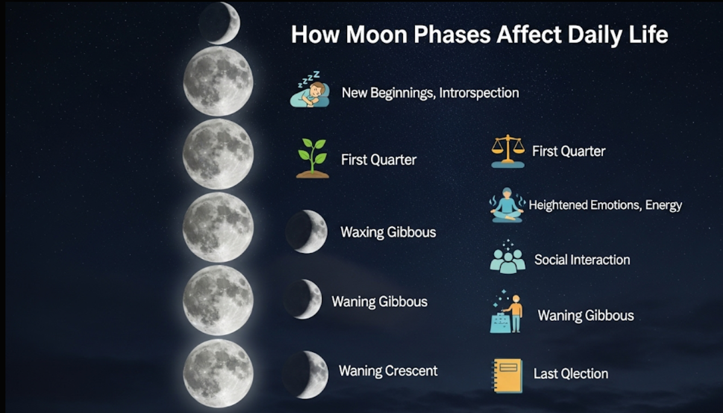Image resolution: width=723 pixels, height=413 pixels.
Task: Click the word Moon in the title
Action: coord(377,34)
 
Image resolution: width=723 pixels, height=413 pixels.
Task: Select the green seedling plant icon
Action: coord(313,158)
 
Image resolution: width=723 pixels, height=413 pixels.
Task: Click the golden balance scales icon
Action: coord(508,151)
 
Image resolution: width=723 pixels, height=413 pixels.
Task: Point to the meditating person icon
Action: coord(507,205)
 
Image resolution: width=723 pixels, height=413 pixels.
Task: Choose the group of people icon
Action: coord(507,257)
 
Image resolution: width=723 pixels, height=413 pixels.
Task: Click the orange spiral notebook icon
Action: coord(507,376)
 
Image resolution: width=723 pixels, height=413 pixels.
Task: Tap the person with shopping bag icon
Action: coord(506,312)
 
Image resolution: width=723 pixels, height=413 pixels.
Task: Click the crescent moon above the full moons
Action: coord(219,23)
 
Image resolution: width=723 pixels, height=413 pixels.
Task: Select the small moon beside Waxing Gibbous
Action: coord(307,232)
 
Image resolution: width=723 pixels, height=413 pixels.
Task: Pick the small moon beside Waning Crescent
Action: coord(305,374)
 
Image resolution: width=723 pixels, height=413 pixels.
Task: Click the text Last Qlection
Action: coord(571,374)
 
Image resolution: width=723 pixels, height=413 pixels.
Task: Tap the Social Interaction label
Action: coord(582,260)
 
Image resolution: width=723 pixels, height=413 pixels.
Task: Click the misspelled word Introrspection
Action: coord(479,93)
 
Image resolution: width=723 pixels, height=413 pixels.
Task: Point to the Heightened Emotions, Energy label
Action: coord(605,205)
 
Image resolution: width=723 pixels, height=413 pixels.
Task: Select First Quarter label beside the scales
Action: coord(569,151)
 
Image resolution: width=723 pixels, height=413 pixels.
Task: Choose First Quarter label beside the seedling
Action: coord(378,160)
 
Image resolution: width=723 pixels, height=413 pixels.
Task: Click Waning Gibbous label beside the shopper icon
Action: coord(586,315)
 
